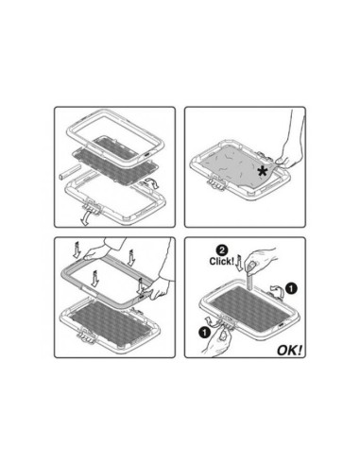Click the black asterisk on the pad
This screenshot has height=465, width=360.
[262, 171]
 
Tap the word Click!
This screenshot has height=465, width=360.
[222, 261]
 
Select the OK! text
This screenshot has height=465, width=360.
[289, 350]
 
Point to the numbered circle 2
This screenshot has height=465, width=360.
[222, 250]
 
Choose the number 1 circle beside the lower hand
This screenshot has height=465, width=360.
[205, 332]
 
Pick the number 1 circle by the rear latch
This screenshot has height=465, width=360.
[291, 288]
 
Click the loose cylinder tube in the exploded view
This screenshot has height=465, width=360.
[69, 171]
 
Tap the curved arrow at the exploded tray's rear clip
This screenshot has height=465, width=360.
[149, 183]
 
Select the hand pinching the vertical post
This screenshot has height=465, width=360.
[257, 260]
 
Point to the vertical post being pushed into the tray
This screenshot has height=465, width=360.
[249, 279]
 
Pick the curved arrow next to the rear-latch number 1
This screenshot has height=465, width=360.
[277, 290]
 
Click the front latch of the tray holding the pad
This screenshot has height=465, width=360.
[216, 184]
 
